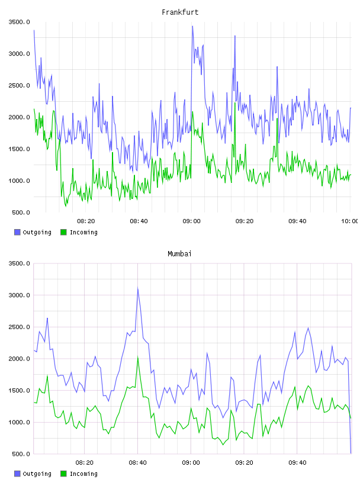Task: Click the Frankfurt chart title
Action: click(x=180, y=12)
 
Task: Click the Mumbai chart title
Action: click(x=179, y=254)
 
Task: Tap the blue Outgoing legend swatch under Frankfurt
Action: click(x=17, y=232)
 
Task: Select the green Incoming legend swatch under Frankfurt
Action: click(x=63, y=232)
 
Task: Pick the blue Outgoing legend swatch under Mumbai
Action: click(x=17, y=474)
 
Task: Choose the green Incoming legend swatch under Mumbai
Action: click(x=63, y=474)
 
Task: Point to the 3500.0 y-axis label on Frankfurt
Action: click(x=19, y=22)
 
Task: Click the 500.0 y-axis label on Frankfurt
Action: click(x=21, y=212)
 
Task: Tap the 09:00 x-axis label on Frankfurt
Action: click(x=191, y=221)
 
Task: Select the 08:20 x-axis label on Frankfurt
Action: click(x=86, y=221)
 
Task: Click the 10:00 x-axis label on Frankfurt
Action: click(x=349, y=221)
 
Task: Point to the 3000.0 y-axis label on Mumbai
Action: click(x=19, y=295)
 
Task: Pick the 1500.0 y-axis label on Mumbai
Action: click(x=19, y=391)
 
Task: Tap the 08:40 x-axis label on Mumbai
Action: click(x=138, y=463)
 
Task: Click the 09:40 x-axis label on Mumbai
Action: click(x=297, y=463)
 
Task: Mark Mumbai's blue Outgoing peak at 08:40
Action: click(x=138, y=288)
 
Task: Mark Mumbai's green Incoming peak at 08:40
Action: click(x=138, y=357)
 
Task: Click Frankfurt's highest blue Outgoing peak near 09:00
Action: click(x=192, y=26)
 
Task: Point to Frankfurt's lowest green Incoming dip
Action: click(x=66, y=206)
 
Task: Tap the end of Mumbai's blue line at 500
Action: click(x=351, y=453)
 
